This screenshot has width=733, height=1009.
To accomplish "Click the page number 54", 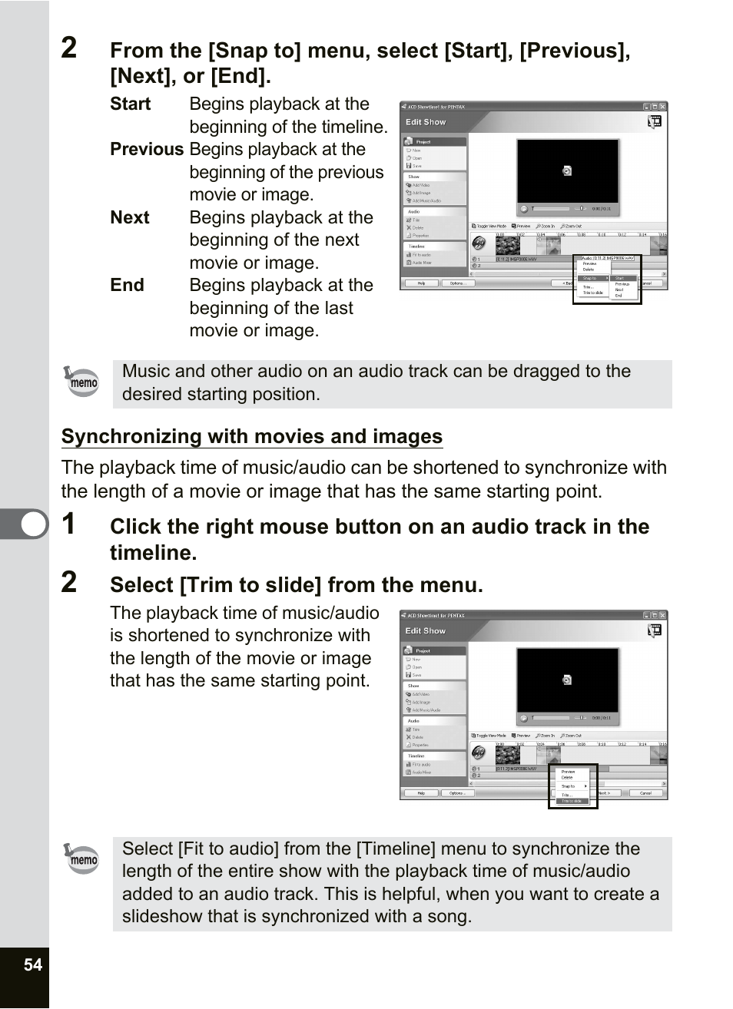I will click(x=33, y=964).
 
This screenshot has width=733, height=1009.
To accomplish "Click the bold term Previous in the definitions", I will click(x=147, y=149).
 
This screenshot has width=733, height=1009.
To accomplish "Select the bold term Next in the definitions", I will click(x=130, y=217).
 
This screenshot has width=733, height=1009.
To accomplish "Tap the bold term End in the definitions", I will click(x=127, y=285).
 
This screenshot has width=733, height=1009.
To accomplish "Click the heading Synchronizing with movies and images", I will click(x=252, y=436).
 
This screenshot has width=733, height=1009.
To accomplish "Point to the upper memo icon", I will click(x=82, y=381).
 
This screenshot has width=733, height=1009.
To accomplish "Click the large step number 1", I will click(x=69, y=524).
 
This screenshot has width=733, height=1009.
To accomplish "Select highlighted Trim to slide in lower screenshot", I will click(x=573, y=801).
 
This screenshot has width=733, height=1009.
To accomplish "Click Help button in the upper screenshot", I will click(x=421, y=283).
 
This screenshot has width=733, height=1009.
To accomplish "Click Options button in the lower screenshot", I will click(x=456, y=793).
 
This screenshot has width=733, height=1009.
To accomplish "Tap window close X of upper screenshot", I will click(x=663, y=107).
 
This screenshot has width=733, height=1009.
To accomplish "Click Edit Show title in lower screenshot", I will click(x=425, y=630).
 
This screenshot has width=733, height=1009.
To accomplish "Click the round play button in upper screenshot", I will click(x=524, y=208).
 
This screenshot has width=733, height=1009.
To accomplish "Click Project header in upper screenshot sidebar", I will click(x=423, y=142).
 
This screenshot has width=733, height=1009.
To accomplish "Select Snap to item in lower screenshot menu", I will click(x=569, y=786).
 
